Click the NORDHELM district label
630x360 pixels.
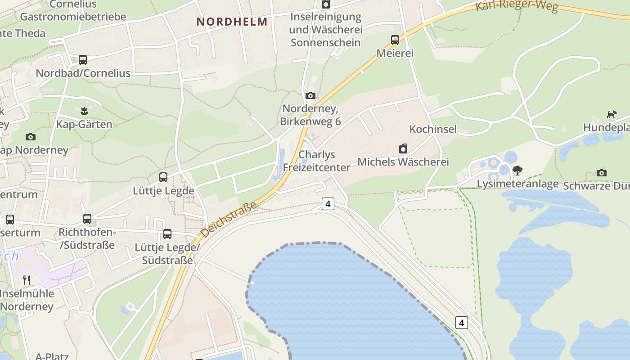tap(232, 22)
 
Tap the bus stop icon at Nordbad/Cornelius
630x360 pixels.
tap(83, 59)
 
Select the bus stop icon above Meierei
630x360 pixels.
tap(395, 40)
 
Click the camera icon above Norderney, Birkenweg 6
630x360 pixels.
tap(310, 95)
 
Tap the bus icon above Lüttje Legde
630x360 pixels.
tap(163, 177)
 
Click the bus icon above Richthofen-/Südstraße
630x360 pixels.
tap(87, 219)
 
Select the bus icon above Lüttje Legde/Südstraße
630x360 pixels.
tap(167, 234)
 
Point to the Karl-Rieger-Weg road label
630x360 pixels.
tap(517, 6)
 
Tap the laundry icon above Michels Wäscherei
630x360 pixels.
tap(403, 148)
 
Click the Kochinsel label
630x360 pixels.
tap(433, 129)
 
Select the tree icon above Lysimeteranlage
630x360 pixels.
tap(517, 171)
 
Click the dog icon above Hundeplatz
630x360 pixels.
tap(612, 114)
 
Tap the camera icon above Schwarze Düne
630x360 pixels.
tap(602, 173)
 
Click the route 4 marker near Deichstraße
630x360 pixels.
tap(328, 204)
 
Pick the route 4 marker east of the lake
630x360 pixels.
tap(461, 322)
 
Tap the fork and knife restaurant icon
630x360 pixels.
tap(27, 280)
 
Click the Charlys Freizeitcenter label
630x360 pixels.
tap(317, 161)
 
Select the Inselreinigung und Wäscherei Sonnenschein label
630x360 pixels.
tap(325, 30)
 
